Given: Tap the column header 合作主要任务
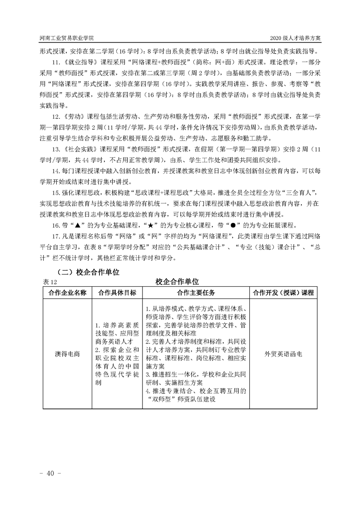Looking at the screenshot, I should click(196, 293).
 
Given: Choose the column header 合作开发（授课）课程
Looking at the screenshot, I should click(283, 293).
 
